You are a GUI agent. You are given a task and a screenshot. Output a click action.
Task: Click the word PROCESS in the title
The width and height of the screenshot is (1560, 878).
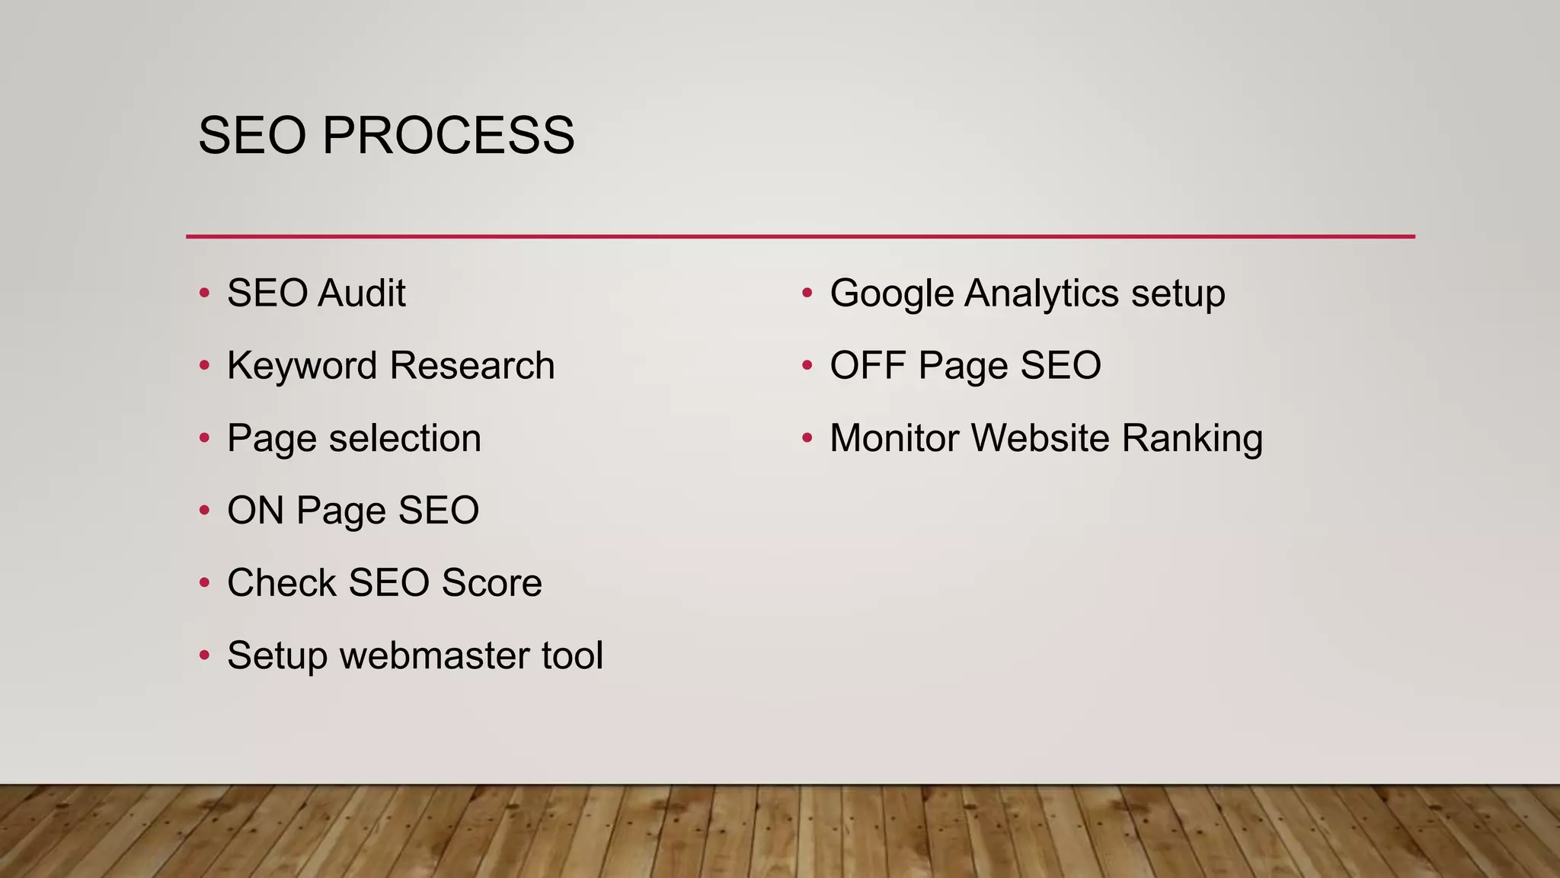pos(448,136)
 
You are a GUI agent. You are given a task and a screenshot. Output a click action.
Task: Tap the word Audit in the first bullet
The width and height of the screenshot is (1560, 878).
pos(362,293)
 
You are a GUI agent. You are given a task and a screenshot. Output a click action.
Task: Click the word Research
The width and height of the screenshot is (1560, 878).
pos(472,366)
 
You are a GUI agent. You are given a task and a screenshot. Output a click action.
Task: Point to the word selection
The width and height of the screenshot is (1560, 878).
pos(404,438)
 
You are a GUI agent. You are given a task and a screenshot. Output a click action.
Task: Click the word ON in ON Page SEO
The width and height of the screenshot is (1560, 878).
pos(255,511)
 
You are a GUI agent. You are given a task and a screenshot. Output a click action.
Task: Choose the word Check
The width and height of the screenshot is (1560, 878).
pos(281,583)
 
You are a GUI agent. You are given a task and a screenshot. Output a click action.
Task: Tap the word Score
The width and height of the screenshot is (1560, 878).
pos(491,583)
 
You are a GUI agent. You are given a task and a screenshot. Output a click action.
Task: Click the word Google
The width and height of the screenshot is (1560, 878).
pos(891,293)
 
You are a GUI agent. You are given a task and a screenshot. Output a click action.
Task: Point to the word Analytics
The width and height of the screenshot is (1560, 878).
pos(1041,293)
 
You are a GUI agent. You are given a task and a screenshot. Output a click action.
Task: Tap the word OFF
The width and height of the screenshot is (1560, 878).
pos(868,366)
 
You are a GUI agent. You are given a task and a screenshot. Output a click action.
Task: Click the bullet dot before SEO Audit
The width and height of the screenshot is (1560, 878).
pos(204,293)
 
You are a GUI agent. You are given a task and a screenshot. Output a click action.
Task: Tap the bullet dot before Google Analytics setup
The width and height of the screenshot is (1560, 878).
pos(807,293)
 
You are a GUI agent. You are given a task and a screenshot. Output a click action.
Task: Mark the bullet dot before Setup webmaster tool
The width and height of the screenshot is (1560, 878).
pos(204,655)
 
